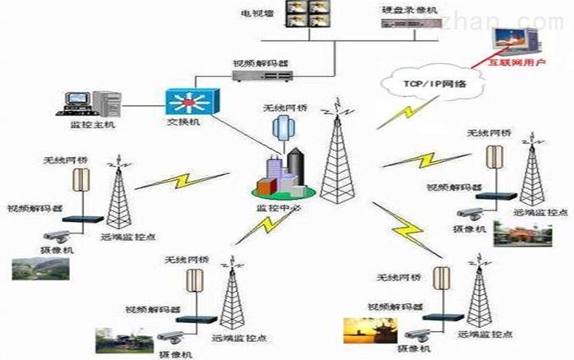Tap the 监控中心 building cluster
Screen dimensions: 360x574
[285, 175]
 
